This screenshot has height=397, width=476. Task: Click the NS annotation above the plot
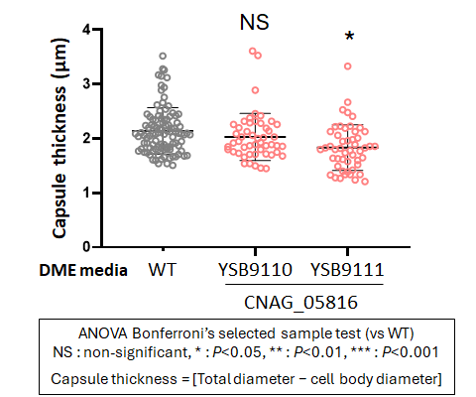(254, 23)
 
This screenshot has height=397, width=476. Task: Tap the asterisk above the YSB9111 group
(349, 36)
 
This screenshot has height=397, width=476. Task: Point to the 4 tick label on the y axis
(86, 30)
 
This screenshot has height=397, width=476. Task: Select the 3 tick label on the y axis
(86, 83)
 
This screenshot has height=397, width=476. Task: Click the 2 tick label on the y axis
(86, 138)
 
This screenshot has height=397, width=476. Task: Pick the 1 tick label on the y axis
(86, 193)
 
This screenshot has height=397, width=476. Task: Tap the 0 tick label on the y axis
(86, 247)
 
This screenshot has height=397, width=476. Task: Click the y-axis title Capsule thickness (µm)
(59, 138)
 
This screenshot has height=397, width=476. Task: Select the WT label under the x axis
(163, 270)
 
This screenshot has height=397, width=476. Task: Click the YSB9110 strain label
(255, 270)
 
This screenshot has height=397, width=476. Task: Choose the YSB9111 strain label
(347, 270)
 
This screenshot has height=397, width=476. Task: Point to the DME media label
(83, 270)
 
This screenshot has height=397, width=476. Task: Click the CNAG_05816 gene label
(300, 303)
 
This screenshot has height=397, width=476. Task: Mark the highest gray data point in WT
(163, 56)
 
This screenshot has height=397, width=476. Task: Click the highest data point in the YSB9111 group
(348, 66)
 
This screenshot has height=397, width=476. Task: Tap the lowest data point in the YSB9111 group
(365, 182)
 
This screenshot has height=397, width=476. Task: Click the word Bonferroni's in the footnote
(174, 333)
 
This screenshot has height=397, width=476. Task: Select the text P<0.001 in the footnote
(411, 352)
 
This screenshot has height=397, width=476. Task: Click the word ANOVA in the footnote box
(103, 333)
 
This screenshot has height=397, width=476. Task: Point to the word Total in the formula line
(214, 379)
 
